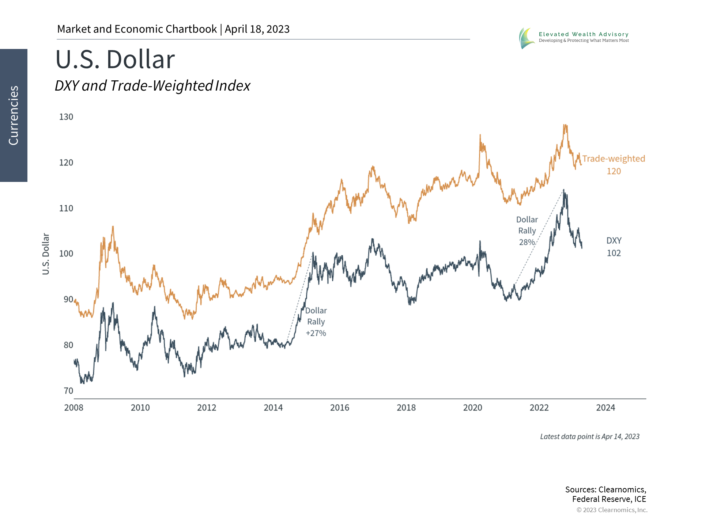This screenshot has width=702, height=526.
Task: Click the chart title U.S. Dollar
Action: pyautogui.click(x=115, y=60)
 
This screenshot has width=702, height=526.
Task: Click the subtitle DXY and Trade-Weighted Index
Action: pyautogui.click(x=152, y=86)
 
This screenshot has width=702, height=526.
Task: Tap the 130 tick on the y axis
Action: pyautogui.click(x=66, y=117)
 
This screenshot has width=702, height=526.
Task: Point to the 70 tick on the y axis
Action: pyautogui.click(x=68, y=391)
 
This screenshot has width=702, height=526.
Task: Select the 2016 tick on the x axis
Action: pyautogui.click(x=340, y=408)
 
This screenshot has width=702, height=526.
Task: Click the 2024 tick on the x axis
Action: pyautogui.click(x=605, y=408)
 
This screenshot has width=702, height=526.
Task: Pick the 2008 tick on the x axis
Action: pyautogui.click(x=74, y=408)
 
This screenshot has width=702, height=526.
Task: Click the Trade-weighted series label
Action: pyautogui.click(x=614, y=159)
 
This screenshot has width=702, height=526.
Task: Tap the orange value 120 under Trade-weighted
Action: pyautogui.click(x=614, y=171)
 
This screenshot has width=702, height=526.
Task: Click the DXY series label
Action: pyautogui.click(x=614, y=241)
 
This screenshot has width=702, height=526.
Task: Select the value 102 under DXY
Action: pyautogui.click(x=614, y=253)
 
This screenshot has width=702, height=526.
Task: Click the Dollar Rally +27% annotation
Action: pyautogui.click(x=316, y=322)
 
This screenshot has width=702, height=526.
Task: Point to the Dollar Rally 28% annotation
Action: pyautogui.click(x=527, y=231)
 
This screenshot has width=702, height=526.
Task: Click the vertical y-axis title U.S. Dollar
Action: pyautogui.click(x=46, y=254)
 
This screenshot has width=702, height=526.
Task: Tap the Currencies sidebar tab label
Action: pyautogui.click(x=14, y=115)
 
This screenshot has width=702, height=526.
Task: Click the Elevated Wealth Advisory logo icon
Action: pyautogui.click(x=526, y=38)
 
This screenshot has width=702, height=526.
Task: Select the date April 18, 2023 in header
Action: pyautogui.click(x=257, y=29)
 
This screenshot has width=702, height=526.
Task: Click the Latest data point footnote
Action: pyautogui.click(x=590, y=437)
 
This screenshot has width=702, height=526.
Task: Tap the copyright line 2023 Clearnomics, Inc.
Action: pyautogui.click(x=612, y=510)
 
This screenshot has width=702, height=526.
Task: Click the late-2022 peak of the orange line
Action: pyautogui.click(x=565, y=125)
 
